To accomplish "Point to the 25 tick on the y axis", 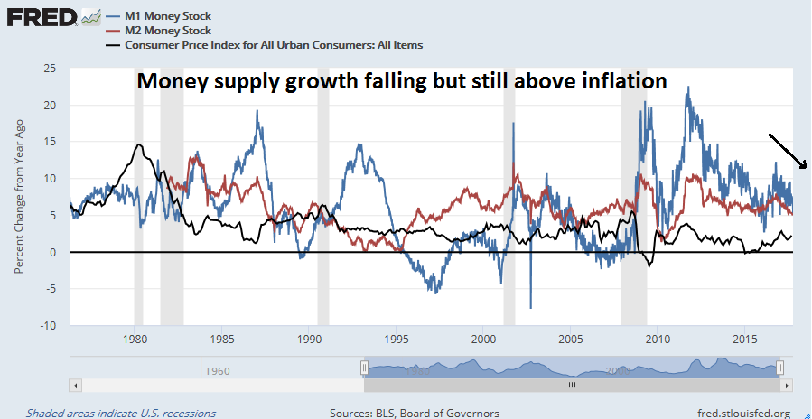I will [x=51, y=69].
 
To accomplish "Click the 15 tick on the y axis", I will [x=51, y=142].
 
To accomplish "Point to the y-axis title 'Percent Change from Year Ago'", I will [x=19, y=196].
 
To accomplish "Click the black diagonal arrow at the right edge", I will [x=788, y=151].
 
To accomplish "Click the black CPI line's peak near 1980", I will [x=139, y=144].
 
